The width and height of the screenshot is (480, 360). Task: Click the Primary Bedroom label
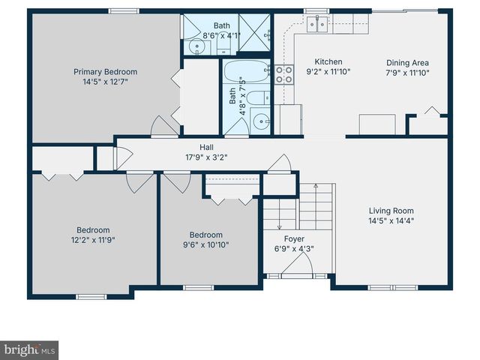105,72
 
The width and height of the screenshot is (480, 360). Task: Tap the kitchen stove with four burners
285,73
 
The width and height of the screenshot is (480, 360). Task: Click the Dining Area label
408,63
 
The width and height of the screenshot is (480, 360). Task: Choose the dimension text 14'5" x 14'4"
391,220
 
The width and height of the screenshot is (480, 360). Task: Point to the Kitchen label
328,62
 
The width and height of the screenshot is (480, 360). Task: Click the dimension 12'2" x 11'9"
93,240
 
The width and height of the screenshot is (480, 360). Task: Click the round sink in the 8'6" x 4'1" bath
197,47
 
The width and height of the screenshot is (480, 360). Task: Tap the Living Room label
391,211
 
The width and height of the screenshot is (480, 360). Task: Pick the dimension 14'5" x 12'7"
105,82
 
